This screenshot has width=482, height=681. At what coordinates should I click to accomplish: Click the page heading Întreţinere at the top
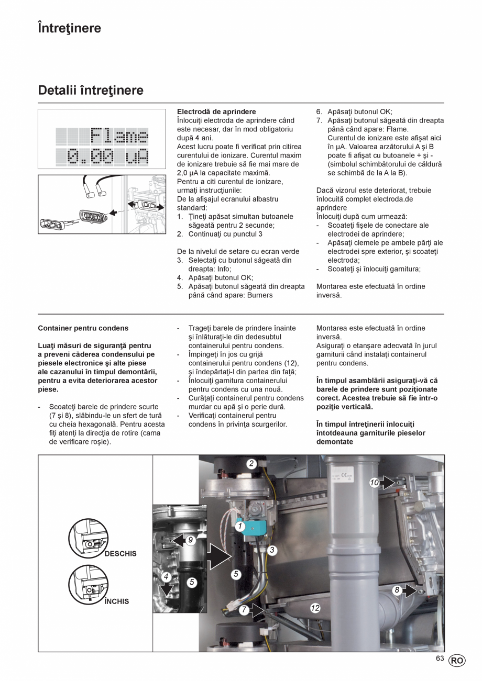click(70, 28)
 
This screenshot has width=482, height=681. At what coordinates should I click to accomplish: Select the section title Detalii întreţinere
click(91, 91)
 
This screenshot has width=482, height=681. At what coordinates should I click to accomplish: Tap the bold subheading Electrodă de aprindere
click(216, 112)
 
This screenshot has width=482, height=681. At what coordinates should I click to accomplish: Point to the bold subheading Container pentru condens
click(83, 328)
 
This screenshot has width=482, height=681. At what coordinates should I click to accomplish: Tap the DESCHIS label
click(120, 554)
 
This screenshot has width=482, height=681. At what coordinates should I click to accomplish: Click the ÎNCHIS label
click(116, 601)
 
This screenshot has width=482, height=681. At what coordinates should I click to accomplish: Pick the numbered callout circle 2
click(251, 463)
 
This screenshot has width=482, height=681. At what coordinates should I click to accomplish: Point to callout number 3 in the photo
click(272, 550)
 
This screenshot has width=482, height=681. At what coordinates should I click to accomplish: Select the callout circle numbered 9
click(191, 540)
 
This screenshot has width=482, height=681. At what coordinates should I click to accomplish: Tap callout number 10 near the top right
click(374, 483)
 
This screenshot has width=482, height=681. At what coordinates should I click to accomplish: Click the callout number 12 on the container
click(315, 608)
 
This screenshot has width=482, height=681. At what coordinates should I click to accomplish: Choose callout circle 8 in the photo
click(397, 590)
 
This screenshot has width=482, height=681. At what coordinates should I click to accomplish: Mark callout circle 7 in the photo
click(244, 610)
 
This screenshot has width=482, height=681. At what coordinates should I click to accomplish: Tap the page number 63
click(440, 658)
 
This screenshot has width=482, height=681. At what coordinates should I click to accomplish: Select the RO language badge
click(456, 661)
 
